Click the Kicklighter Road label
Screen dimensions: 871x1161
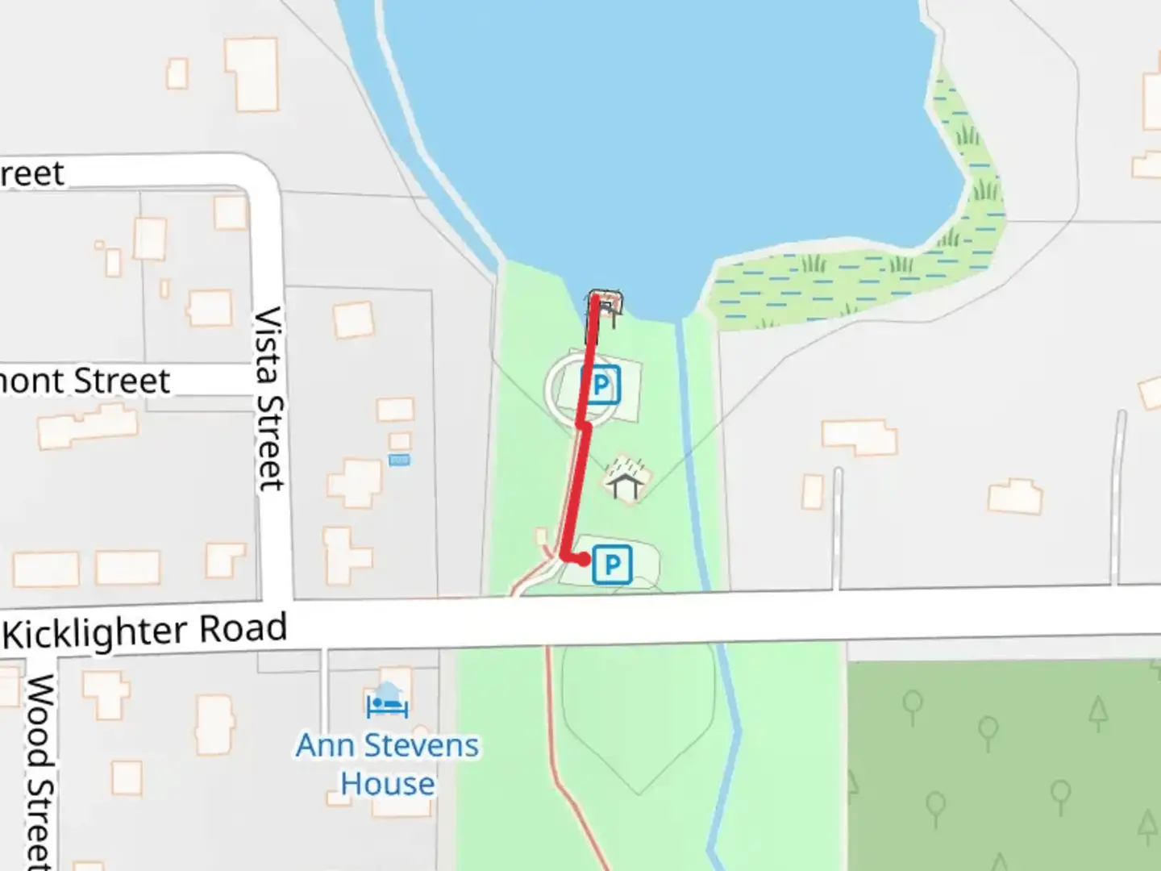point(145,631)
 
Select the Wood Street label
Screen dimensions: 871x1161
point(40,770)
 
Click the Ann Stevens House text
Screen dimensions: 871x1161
point(387,764)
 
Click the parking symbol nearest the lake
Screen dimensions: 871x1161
point(601,385)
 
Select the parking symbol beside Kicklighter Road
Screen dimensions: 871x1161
point(612,564)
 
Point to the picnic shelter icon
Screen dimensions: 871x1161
point(626,479)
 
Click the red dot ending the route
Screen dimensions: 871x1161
point(582,559)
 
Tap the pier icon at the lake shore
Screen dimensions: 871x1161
point(606,307)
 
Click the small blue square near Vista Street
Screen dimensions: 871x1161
point(399,461)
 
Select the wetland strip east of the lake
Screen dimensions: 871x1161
point(855,274)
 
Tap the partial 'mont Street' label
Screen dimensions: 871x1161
point(85,381)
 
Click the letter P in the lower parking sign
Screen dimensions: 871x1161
point(613,565)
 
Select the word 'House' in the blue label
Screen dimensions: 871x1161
point(387,783)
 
